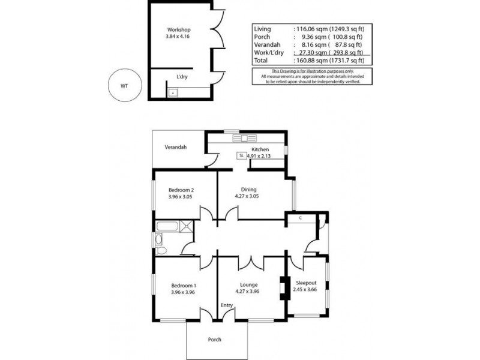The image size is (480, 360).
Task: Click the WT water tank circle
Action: pyautogui.click(x=124, y=85)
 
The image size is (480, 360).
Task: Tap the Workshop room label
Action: pyautogui.click(x=178, y=29)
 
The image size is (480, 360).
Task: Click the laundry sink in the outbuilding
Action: pyautogui.click(x=173, y=92)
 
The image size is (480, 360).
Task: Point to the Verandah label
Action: pyautogui.click(x=176, y=147)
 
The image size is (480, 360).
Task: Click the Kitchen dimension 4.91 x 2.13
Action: pyautogui.click(x=258, y=156)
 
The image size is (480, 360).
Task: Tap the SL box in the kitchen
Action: pyautogui.click(x=241, y=155)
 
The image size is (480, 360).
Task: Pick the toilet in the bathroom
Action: pyautogui.click(x=160, y=241)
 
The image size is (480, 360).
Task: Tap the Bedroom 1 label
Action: pyautogui.click(x=184, y=285)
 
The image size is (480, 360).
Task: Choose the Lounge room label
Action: pyautogui.click(x=248, y=285)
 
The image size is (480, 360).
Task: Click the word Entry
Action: pyautogui.click(x=227, y=305)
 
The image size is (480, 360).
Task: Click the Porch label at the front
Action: pyautogui.click(x=215, y=339)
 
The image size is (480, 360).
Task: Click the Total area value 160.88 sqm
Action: pyautogui.click(x=310, y=61)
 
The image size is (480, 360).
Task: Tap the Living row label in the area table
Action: pyautogui.click(x=263, y=29)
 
